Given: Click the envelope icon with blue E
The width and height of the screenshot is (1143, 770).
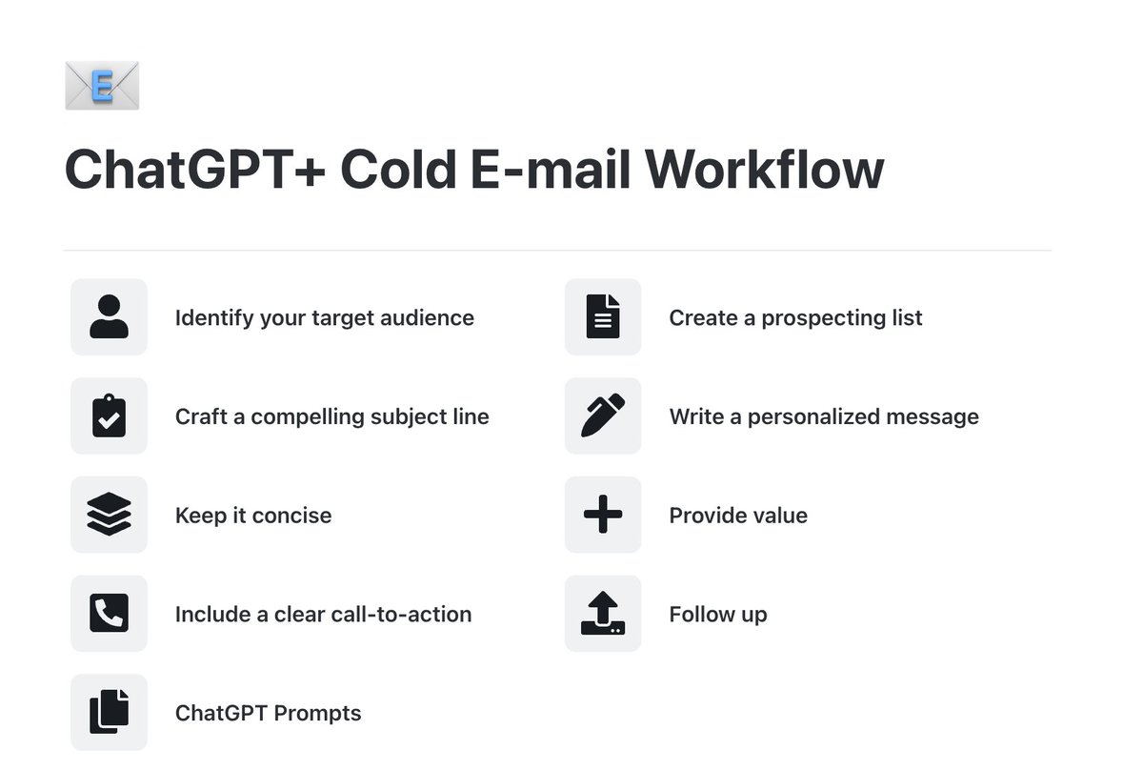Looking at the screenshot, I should point(102,86).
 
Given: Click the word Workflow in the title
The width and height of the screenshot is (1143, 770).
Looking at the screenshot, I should point(765,170).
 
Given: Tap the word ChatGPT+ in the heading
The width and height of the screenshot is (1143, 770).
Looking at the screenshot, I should point(194,170).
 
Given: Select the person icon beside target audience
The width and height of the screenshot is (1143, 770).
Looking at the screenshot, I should point(109,317).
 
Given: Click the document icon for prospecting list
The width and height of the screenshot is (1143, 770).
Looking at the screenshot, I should point(603,317).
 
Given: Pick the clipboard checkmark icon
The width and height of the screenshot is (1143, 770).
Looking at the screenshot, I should point(109,416).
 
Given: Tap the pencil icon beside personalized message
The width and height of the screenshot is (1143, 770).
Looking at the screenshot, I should point(603,416).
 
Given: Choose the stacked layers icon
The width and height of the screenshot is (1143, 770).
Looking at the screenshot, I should point(109,516).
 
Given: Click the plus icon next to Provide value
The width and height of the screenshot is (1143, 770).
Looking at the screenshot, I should point(603,516).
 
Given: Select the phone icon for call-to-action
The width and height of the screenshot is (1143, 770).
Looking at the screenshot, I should point(109,614).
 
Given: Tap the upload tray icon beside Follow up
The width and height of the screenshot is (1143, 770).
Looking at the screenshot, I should point(603,614).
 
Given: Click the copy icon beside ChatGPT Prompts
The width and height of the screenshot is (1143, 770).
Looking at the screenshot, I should point(109,713).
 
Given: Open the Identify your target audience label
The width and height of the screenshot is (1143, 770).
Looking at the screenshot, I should point(324,317).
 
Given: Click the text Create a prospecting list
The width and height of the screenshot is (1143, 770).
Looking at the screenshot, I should point(795,317).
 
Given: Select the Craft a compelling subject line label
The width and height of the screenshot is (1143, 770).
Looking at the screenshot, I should point(331,416).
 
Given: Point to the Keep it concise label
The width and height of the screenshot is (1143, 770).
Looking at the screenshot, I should point(253,516).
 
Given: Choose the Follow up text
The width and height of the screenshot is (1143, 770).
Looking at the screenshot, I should point(717,615).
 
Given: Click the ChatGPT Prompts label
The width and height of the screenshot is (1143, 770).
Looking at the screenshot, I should point(268,713).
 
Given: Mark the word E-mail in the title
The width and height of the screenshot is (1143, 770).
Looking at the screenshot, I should point(551,170).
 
